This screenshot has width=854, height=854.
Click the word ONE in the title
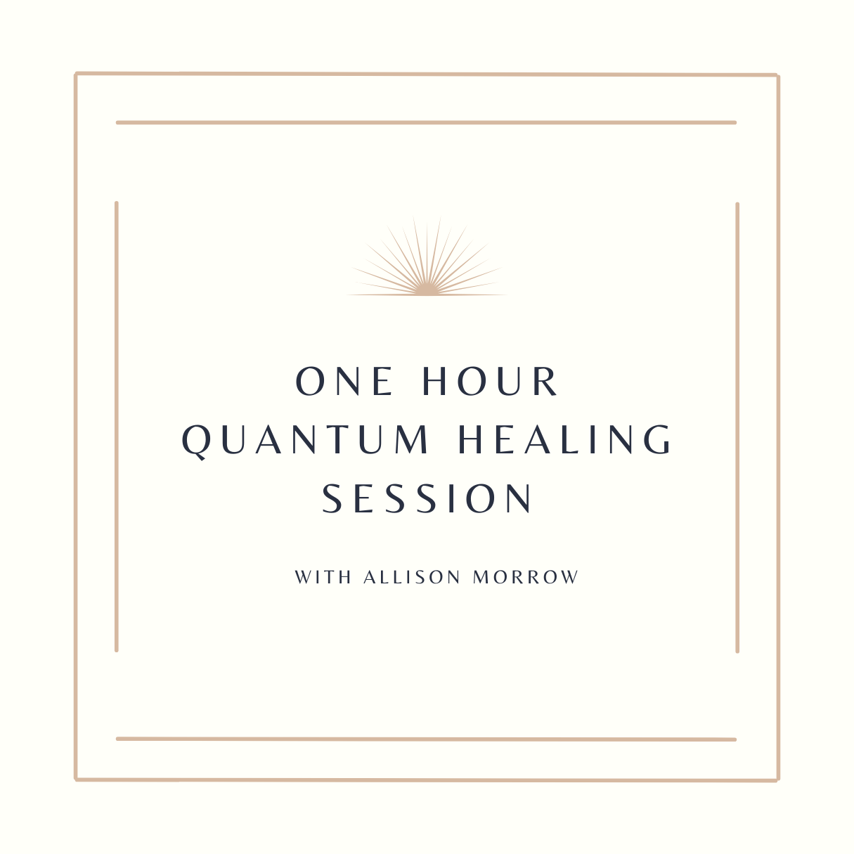[344, 381]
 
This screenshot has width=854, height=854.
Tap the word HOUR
[489, 381]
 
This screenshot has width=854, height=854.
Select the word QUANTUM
[305, 440]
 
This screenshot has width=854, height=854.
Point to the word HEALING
[564, 439]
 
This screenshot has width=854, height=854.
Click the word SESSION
[427, 498]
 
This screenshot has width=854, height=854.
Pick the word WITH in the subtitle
[323, 578]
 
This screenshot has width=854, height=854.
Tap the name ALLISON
[412, 578]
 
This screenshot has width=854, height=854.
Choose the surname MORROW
[526, 578]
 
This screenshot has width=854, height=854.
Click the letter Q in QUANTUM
[195, 442]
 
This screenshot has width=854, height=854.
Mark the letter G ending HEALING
[657, 439]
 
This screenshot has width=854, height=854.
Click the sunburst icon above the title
[427, 256]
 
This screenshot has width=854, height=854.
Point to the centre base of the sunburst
[427, 294]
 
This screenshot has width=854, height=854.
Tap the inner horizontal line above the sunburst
[426, 122]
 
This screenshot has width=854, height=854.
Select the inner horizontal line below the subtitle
[426, 739]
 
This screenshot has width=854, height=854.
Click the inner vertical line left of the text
[117, 427]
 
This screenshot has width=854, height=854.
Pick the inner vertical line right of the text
[737, 427]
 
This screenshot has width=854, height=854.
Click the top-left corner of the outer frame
[76, 74]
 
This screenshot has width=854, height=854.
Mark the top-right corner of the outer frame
[777, 75]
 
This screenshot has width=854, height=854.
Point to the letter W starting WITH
[303, 578]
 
